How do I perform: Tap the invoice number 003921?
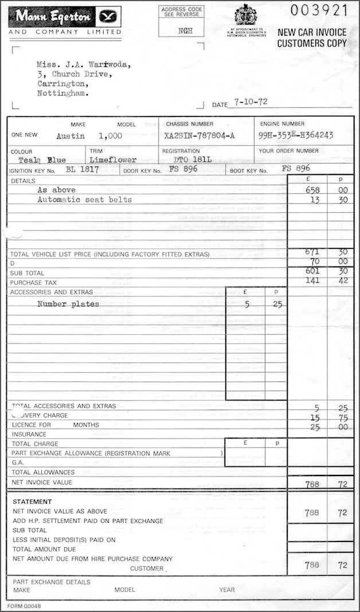click(x=318, y=10)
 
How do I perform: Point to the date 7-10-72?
click(x=247, y=103)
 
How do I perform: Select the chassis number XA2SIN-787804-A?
click(x=198, y=136)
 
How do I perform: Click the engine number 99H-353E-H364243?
click(x=296, y=135)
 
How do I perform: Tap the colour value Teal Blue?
click(x=42, y=161)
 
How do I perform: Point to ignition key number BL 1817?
click(x=83, y=170)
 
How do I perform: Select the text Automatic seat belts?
click(x=84, y=200)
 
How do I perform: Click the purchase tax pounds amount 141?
click(x=312, y=281)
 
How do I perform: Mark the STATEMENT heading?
click(x=32, y=502)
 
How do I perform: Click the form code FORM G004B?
click(x=24, y=606)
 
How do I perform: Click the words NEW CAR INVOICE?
click(x=312, y=33)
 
